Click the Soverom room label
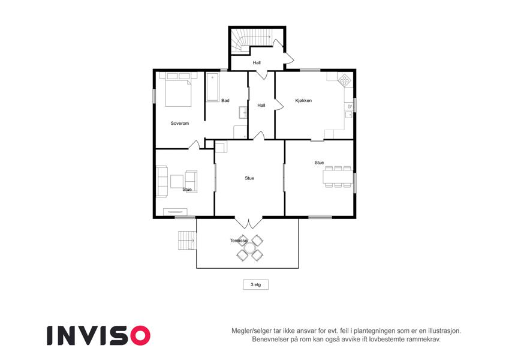coord(179,124)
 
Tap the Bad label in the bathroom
coord(225,101)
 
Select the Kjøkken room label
coord(303,101)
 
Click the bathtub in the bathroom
coord(213,88)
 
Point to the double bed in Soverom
coord(178,90)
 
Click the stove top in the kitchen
coord(344,80)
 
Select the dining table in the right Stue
coord(338,177)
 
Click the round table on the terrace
coord(250,248)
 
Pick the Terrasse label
coord(239,241)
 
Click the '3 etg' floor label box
coord(256,284)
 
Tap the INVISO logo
coord(99,335)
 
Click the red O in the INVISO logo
coord(140,335)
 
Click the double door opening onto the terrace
coord(249,223)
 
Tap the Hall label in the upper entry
coord(257,63)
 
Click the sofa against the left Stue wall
coord(162,182)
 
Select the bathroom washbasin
coord(243,112)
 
